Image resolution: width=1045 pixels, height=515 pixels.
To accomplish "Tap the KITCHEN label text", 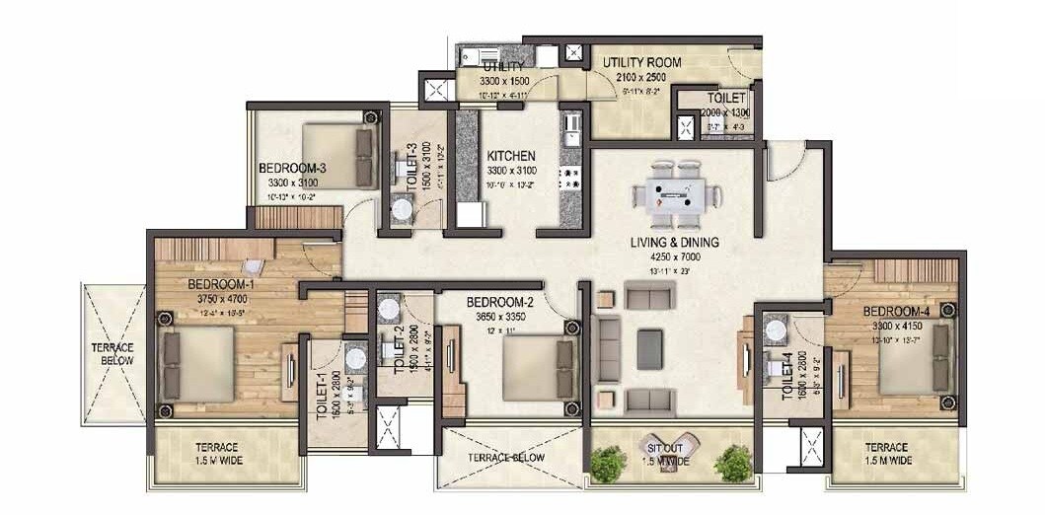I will click(511, 156).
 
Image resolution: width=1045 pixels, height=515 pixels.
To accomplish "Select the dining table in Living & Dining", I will click(677, 192).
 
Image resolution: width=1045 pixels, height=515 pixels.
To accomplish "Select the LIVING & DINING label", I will click(675, 243).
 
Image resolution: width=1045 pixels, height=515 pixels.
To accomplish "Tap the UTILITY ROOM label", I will click(642, 62).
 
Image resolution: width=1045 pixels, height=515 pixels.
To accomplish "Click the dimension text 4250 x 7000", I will click(675, 257).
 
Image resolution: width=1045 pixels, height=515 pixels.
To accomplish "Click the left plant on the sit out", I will click(609, 463).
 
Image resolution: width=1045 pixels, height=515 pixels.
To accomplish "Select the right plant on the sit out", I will click(733, 463).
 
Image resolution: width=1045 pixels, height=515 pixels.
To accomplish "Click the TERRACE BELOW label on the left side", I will click(112, 354).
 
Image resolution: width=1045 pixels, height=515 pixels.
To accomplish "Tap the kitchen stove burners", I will click(569, 179).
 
